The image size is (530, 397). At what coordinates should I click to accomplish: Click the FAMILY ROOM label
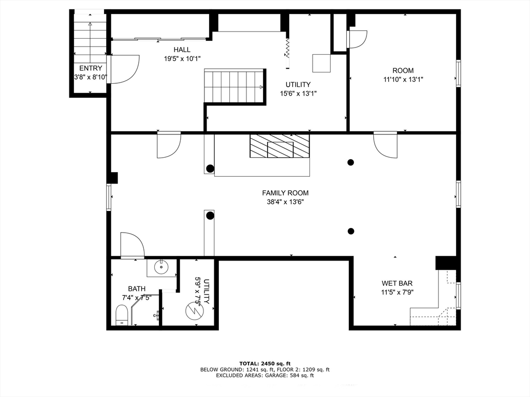(x=285, y=193)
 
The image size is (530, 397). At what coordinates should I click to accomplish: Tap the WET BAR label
(x=397, y=283)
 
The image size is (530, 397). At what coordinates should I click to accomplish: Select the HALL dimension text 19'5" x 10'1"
(x=182, y=59)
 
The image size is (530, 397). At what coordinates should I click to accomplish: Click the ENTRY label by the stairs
(x=91, y=68)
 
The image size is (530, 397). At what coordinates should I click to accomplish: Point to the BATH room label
(x=137, y=289)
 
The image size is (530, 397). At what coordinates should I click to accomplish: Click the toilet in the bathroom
(x=121, y=315)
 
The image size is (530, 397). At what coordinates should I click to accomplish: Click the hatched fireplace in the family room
(x=279, y=146)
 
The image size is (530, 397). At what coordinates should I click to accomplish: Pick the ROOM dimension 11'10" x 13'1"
(x=403, y=80)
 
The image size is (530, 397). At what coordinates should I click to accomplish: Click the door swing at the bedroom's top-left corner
(x=357, y=39)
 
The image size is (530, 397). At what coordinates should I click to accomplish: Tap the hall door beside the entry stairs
(x=123, y=69)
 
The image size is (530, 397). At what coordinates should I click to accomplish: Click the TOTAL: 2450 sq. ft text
(x=265, y=363)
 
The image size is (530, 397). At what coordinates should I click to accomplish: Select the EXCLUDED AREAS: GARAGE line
(x=265, y=375)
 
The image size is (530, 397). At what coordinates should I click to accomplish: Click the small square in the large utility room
(x=321, y=63)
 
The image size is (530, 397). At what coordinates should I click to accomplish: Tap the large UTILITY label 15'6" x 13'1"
(x=298, y=89)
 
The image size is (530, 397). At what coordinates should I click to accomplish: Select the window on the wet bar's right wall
(x=459, y=296)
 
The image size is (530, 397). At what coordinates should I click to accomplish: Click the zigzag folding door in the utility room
(x=288, y=48)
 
